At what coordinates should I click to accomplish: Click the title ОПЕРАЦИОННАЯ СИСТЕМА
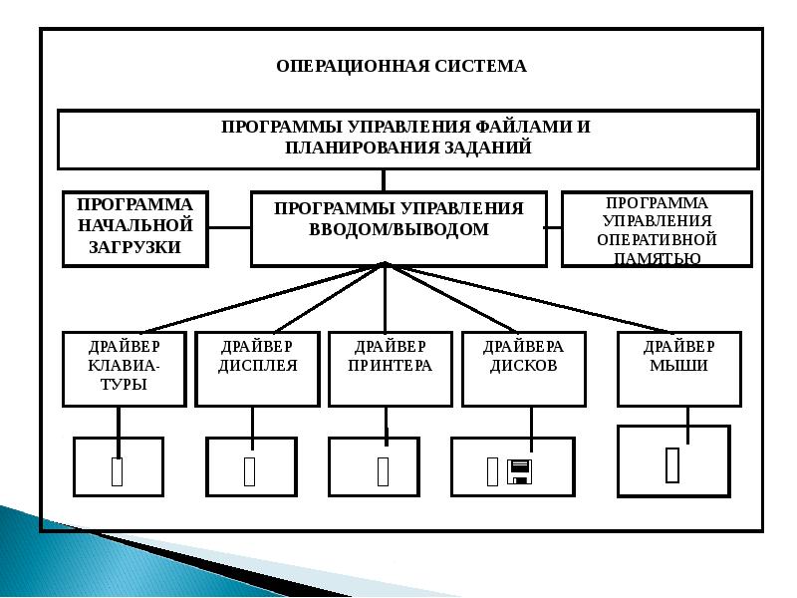coord(401,67)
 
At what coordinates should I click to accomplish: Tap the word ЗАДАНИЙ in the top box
coord(488,148)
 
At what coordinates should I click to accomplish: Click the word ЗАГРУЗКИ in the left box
coord(135,247)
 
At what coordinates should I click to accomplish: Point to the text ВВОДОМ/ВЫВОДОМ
coord(399,229)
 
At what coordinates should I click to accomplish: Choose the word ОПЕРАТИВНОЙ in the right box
coord(657,239)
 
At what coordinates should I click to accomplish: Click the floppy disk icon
coord(519,471)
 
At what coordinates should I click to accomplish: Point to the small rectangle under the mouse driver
coord(672,464)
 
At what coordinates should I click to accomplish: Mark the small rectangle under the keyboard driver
coord(117,471)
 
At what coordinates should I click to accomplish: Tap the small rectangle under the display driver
coord(250,471)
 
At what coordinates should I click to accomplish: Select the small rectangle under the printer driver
coord(384,471)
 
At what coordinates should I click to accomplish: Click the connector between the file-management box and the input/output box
coord(384,180)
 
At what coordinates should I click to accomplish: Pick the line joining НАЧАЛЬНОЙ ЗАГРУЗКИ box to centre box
coord(230,228)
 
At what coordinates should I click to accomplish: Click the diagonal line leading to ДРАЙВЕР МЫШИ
coord(529,298)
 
